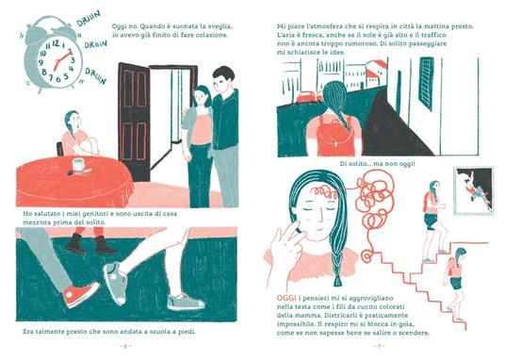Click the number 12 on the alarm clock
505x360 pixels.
(56, 43)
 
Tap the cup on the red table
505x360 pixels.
(79, 164)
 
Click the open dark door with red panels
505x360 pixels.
(134, 121)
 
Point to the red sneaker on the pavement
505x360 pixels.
(81, 294)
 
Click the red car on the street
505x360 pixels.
(305, 96)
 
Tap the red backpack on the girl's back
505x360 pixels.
(334, 136)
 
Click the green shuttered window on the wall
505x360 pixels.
(427, 84)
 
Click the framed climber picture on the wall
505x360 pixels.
(473, 190)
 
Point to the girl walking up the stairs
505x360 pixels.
(434, 221)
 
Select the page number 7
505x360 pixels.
(379, 347)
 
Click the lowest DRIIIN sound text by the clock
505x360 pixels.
(96, 76)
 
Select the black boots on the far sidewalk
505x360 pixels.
(90, 244)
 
